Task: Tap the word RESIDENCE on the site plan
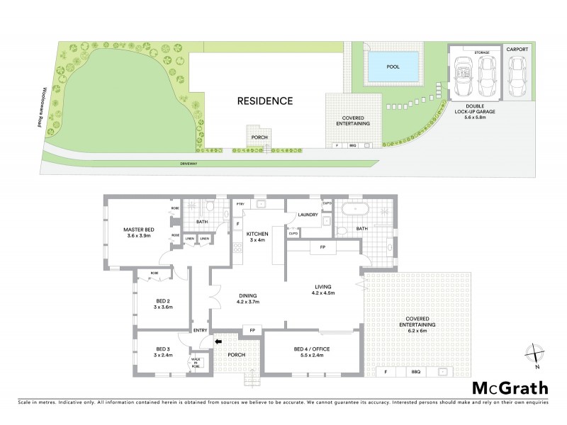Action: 265,101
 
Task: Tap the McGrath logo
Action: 509,387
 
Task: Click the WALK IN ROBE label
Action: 197,363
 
